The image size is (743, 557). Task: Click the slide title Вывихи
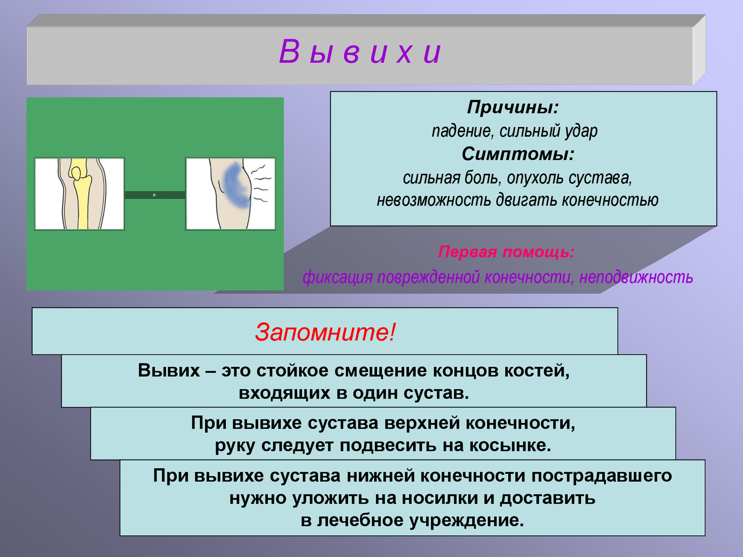[360, 52]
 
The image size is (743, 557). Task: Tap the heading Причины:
[513, 107]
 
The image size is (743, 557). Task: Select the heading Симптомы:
[518, 154]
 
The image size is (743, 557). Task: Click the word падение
[462, 131]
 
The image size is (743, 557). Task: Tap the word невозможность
[433, 200]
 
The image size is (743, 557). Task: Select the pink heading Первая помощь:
[506, 252]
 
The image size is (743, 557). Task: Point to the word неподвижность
[636, 277]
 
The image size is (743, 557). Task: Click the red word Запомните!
[325, 332]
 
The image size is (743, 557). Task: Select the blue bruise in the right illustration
[236, 185]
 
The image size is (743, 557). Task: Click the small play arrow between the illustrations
[155, 195]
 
